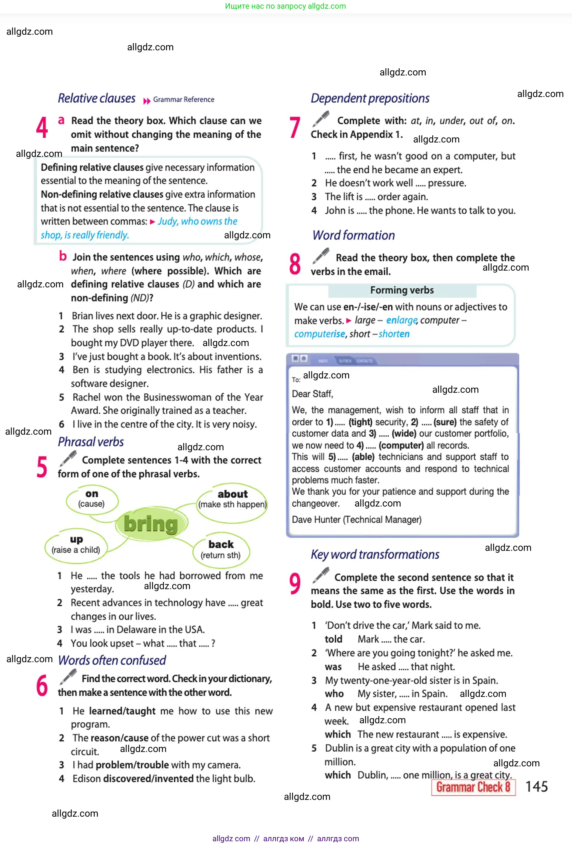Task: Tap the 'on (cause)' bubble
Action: [x=92, y=499]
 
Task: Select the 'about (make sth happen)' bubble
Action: [x=232, y=499]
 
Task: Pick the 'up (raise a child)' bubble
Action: [x=76, y=545]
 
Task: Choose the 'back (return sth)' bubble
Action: [x=221, y=549]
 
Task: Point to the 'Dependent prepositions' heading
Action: [x=370, y=98]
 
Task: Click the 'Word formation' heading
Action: [x=354, y=236]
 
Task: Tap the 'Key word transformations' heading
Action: [x=375, y=554]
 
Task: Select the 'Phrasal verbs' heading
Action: [x=91, y=442]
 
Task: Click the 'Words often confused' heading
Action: [x=112, y=660]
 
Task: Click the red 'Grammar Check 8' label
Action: [x=473, y=787]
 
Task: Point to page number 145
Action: [x=536, y=787]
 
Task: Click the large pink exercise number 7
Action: [x=295, y=128]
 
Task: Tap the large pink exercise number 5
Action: [x=42, y=467]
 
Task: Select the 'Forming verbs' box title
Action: [x=402, y=290]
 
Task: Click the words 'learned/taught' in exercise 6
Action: [x=122, y=711]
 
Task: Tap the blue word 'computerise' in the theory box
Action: [x=320, y=334]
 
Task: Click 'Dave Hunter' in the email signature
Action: [x=316, y=520]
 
